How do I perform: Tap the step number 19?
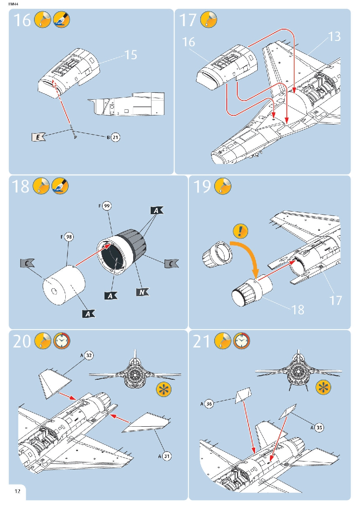pos(202,186)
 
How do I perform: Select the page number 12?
pos(17,491)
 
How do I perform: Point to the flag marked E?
pos(38,137)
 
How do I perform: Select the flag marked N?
pos(142,292)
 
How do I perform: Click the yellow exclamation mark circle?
pos(240,231)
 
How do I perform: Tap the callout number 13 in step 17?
pos(334,37)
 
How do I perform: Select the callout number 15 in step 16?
pos(131,55)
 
